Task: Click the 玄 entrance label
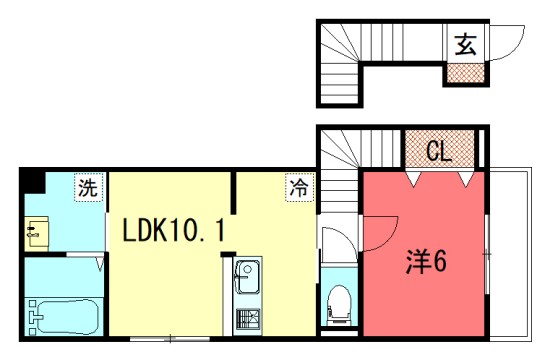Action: (465, 45)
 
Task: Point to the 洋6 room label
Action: (425, 262)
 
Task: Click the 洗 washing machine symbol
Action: (89, 187)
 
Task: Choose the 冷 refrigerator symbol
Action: (298, 187)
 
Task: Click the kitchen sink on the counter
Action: (246, 274)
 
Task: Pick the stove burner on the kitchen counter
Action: (246, 321)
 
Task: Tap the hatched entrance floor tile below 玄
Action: (464, 72)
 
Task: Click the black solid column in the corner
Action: (34, 183)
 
